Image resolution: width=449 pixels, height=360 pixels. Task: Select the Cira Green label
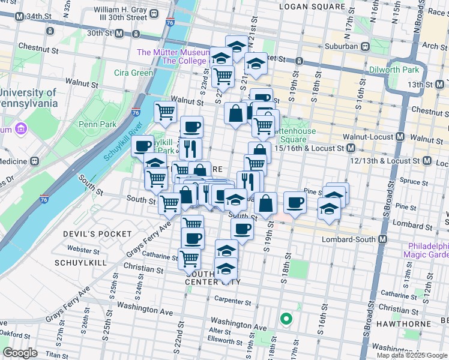tap(134, 73)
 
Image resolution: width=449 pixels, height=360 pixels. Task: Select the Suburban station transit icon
tap(364, 46)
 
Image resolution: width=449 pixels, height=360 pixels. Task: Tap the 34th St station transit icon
tap(20, 16)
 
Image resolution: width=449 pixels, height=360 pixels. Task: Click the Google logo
tap(21, 352)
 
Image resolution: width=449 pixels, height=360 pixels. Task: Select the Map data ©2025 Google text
tap(411, 355)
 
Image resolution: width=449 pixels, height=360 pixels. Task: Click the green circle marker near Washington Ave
tap(286, 319)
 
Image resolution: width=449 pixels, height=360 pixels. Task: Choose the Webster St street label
tap(83, 249)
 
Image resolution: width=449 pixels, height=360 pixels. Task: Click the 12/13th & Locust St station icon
tap(427, 161)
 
